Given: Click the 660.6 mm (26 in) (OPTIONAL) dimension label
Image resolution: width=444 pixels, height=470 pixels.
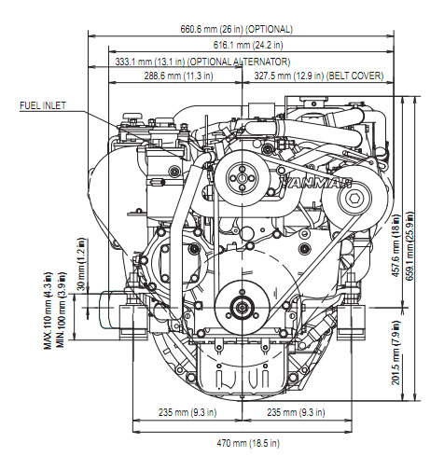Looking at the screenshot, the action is pyautogui.click(x=237, y=29).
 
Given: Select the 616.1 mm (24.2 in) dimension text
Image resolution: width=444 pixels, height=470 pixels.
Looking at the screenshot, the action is pyautogui.click(x=248, y=45).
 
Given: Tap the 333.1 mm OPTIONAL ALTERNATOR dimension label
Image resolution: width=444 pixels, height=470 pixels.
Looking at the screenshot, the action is pyautogui.click(x=202, y=62).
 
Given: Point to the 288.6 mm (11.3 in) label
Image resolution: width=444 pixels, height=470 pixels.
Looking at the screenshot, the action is pyautogui.click(x=178, y=76).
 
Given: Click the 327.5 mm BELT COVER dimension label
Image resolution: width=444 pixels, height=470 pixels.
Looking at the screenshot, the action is pyautogui.click(x=319, y=76).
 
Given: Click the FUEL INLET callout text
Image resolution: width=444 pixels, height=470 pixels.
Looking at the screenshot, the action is pyautogui.click(x=43, y=105).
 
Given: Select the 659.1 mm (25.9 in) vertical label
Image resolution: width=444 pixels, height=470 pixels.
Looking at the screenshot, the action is pyautogui.click(x=409, y=246).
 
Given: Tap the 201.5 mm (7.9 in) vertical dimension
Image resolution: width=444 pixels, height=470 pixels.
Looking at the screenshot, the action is pyautogui.click(x=395, y=352).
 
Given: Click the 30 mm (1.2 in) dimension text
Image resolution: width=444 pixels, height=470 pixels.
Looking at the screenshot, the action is pyautogui.click(x=81, y=265).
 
